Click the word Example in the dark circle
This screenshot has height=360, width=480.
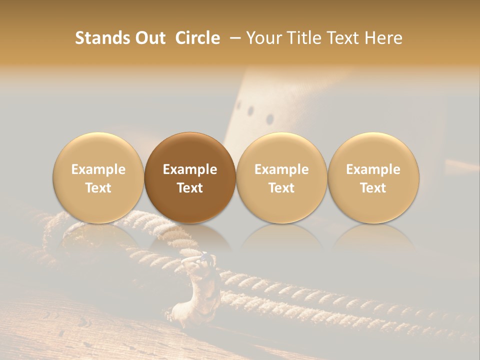[190, 169]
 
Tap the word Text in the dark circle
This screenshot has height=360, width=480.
[190, 188]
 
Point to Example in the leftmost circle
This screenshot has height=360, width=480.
[98, 169]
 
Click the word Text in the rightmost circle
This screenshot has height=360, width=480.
[373, 188]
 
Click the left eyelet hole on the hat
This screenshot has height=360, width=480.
[250, 110]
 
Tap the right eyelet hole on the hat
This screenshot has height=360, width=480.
[270, 119]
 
